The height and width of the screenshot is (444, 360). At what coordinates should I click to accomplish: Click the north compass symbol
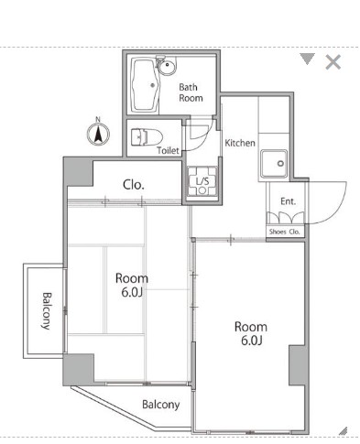point(98,134)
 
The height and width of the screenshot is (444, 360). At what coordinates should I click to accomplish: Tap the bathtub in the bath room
point(146,85)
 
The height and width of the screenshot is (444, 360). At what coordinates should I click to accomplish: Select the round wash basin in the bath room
point(167,66)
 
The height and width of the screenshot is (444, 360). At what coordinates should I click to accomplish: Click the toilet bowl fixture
point(147,137)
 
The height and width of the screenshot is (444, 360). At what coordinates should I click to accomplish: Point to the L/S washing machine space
point(202,181)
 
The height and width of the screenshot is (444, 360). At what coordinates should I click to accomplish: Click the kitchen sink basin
point(274,164)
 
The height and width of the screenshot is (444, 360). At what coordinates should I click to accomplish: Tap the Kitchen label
point(240,143)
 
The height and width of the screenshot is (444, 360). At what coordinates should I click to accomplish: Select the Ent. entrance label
point(288,201)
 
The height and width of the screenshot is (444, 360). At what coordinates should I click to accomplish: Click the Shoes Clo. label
point(285,232)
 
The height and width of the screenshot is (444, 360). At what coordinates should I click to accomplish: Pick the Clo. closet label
point(134,185)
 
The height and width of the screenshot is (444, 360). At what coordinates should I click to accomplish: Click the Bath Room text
point(191,92)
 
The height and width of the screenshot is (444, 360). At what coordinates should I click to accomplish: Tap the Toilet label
point(168,150)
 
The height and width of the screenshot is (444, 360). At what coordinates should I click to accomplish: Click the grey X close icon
point(333,62)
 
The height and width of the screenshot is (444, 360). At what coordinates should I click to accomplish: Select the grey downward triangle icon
point(307,59)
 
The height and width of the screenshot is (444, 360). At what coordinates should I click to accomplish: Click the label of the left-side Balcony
point(46,311)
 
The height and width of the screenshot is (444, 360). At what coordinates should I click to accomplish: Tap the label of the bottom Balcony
point(161,405)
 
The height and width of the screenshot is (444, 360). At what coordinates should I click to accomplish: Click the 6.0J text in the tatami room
point(132,292)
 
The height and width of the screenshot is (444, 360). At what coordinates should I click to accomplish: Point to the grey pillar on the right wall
point(299,365)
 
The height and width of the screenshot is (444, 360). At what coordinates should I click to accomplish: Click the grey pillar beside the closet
point(78,172)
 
